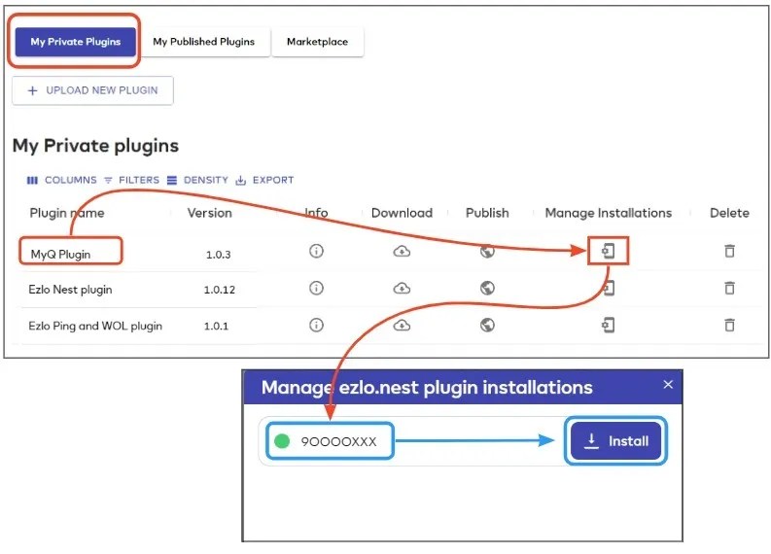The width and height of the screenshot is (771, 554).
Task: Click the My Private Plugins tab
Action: pyautogui.click(x=76, y=42)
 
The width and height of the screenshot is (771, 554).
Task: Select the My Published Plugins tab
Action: pyautogui.click(x=203, y=42)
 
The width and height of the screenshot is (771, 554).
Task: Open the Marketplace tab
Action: pyautogui.click(x=317, y=42)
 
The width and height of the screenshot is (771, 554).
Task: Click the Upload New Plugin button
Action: pyautogui.click(x=92, y=90)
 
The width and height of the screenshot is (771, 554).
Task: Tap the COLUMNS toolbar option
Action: pyautogui.click(x=62, y=180)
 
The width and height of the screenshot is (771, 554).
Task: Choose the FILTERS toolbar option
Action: pyautogui.click(x=131, y=180)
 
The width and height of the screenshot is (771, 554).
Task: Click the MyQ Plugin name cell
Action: pyautogui.click(x=60, y=253)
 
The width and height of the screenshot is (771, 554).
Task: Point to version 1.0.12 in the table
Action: pyautogui.click(x=220, y=290)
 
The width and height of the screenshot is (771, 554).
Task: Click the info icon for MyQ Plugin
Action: pyautogui.click(x=316, y=252)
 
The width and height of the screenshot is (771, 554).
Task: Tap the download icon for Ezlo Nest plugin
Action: pyautogui.click(x=402, y=289)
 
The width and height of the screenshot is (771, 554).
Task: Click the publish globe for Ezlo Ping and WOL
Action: pyautogui.click(x=488, y=325)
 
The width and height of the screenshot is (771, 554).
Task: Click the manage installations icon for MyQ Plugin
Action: pyautogui.click(x=609, y=252)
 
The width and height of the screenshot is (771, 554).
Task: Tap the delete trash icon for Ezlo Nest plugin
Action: pyautogui.click(x=729, y=289)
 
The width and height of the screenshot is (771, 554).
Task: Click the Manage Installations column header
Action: pyautogui.click(x=608, y=213)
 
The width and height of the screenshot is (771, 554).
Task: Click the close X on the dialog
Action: pyautogui.click(x=668, y=385)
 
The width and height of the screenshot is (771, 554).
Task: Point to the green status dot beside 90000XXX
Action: pyautogui.click(x=282, y=441)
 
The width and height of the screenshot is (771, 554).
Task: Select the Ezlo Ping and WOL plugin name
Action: pyautogui.click(x=95, y=326)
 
